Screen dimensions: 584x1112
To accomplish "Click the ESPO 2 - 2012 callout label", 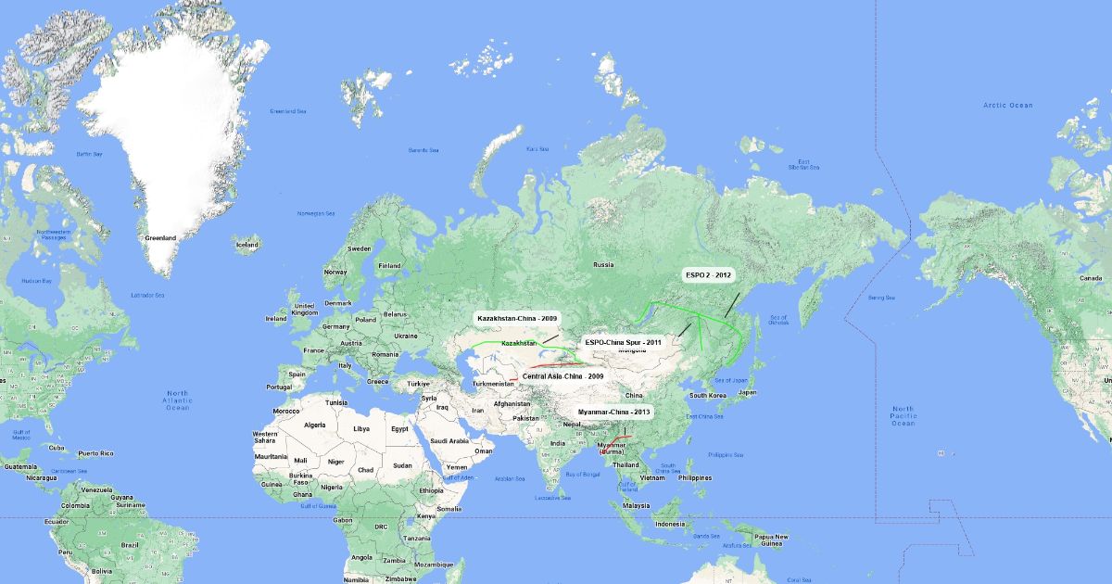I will tap(708, 275).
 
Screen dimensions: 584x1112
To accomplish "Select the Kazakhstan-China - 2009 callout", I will tap(517, 318).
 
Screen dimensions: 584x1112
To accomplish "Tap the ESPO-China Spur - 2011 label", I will tap(623, 342).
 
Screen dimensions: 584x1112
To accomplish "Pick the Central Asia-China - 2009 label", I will tap(562, 376).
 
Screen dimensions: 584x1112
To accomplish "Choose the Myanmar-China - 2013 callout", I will tap(614, 411).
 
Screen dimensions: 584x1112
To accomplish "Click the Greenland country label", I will tap(159, 238).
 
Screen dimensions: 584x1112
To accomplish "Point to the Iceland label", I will tap(247, 246).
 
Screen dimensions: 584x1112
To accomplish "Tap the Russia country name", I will tap(603, 265).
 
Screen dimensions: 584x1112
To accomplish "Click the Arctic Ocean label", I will tap(1007, 106).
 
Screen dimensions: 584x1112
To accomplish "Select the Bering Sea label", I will tap(882, 298).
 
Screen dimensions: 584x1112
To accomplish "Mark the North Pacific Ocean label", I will tap(903, 416).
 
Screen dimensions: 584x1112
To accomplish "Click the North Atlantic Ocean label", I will tap(177, 400).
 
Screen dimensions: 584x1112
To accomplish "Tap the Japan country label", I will tap(747, 392).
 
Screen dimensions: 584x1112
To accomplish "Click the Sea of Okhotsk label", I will tap(778, 320).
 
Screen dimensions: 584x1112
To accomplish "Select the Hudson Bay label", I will tap(36, 281).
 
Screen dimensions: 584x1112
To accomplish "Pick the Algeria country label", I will tap(316, 425).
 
